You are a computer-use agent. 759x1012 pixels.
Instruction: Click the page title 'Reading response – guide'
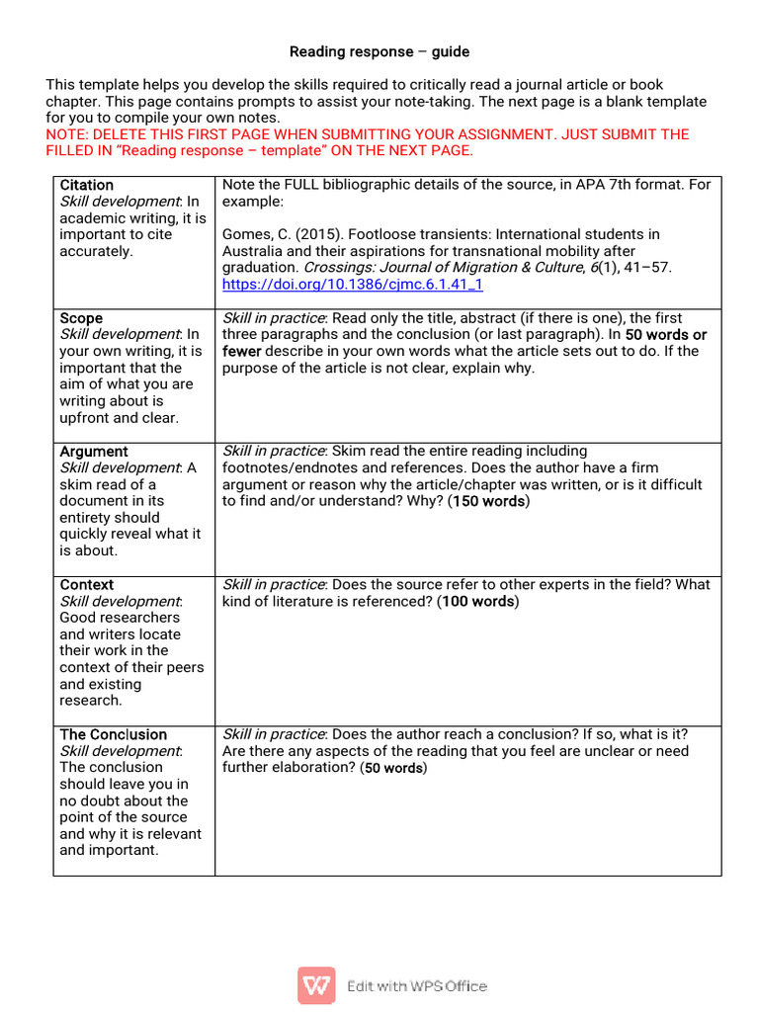click(379, 51)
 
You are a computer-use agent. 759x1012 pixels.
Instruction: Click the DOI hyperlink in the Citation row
click(353, 285)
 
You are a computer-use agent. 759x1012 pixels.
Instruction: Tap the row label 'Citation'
click(87, 185)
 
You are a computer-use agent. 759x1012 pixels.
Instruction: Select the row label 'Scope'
click(81, 318)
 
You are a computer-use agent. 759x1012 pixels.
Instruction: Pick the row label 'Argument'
click(94, 452)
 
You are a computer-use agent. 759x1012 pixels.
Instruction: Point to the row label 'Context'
click(87, 585)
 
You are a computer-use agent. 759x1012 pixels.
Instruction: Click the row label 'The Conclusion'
click(114, 734)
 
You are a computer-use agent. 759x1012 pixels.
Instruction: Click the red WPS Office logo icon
click(316, 985)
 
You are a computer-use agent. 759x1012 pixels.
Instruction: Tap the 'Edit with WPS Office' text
click(416, 985)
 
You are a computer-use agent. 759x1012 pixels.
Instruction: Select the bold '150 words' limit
click(489, 502)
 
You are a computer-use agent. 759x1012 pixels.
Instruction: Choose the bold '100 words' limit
click(478, 602)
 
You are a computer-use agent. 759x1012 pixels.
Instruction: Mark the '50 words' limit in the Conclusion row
click(393, 768)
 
